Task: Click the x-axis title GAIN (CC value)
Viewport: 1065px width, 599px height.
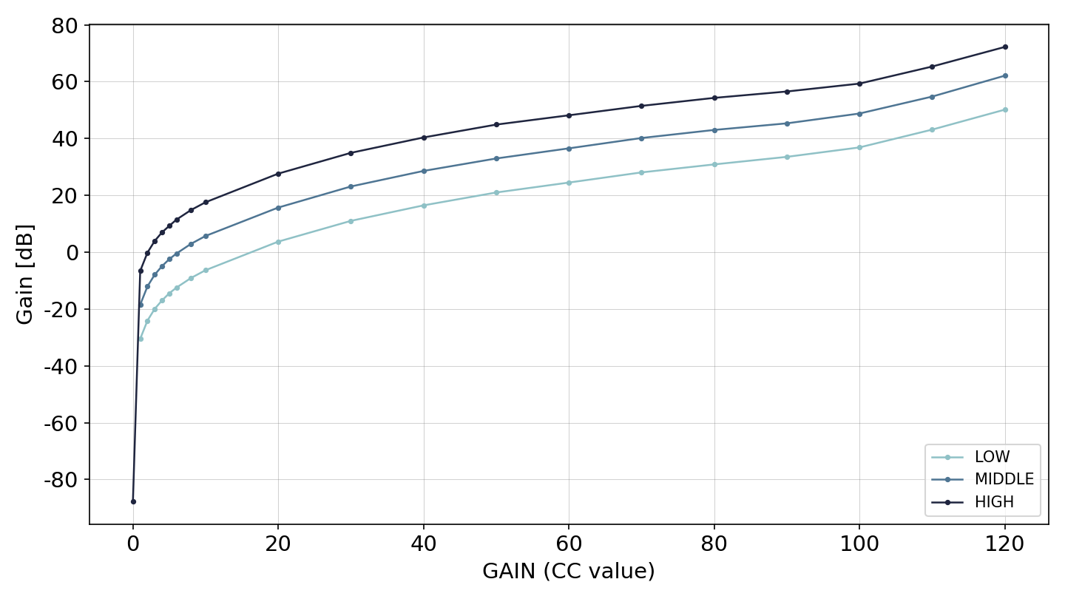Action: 569,571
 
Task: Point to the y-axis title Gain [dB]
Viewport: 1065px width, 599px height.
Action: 24,274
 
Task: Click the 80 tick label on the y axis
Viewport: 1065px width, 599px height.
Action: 64,26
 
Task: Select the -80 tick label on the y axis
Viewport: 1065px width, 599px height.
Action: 61,480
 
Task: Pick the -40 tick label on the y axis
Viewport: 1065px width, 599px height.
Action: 61,367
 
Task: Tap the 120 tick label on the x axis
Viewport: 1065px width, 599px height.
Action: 1004,544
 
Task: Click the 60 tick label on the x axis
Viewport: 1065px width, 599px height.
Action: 569,544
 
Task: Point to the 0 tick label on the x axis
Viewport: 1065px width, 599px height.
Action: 133,544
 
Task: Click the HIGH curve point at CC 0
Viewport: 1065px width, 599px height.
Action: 133,501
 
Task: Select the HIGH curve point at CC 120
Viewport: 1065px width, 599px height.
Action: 1005,47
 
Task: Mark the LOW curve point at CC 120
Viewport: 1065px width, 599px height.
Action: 1005,109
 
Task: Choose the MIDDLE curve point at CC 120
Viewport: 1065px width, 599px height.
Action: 1005,75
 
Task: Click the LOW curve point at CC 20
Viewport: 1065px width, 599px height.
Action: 279,242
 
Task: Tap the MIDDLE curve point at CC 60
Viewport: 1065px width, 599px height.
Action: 569,149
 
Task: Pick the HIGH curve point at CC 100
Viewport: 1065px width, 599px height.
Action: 859,84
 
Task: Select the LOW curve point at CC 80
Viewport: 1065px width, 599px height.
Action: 714,164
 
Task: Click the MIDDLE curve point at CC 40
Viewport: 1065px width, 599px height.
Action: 424,171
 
